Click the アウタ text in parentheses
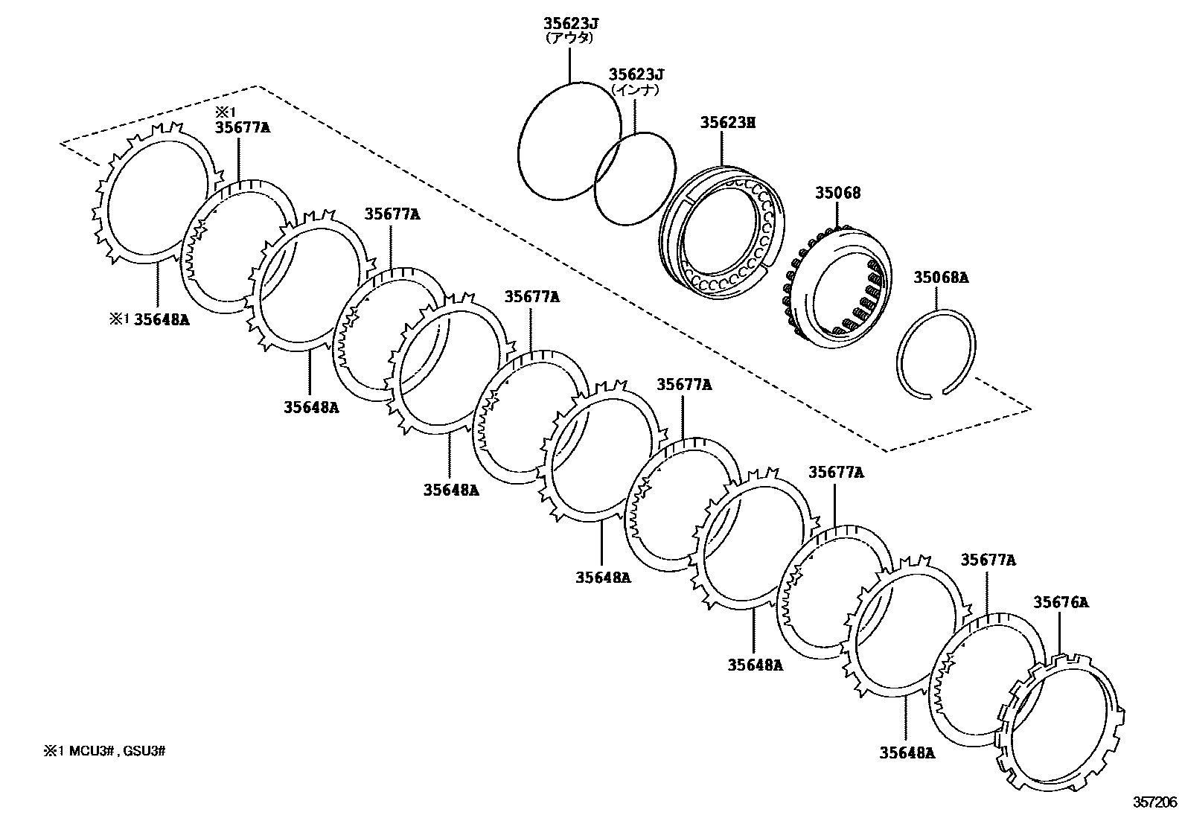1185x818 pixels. (x=569, y=37)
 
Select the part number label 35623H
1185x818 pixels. (x=727, y=122)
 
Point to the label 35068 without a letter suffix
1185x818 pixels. (x=837, y=193)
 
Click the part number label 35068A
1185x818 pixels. (x=941, y=278)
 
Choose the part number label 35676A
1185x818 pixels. (x=1061, y=602)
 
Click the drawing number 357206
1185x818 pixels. (x=1156, y=802)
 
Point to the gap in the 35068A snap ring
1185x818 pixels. (x=935, y=393)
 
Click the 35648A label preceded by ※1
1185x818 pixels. (x=160, y=319)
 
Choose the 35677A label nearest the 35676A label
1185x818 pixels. (x=988, y=560)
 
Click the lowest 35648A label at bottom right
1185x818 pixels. (x=907, y=753)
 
